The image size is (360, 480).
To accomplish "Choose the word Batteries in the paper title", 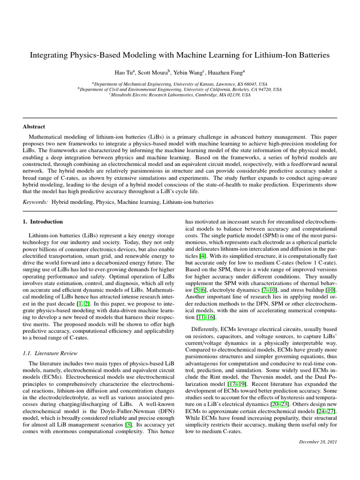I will click(x=313, y=55).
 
